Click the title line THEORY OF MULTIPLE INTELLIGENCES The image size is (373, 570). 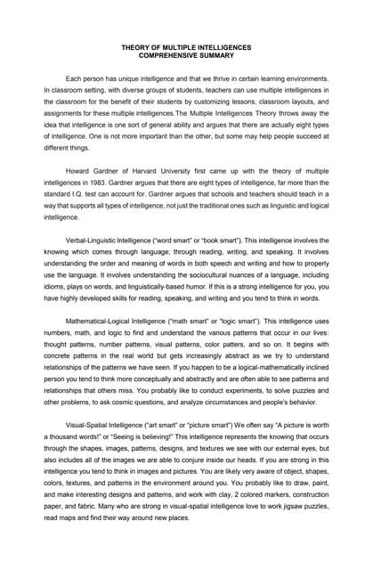pyautogui.click(x=186, y=47)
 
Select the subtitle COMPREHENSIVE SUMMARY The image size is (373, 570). pyautogui.click(x=186, y=56)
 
